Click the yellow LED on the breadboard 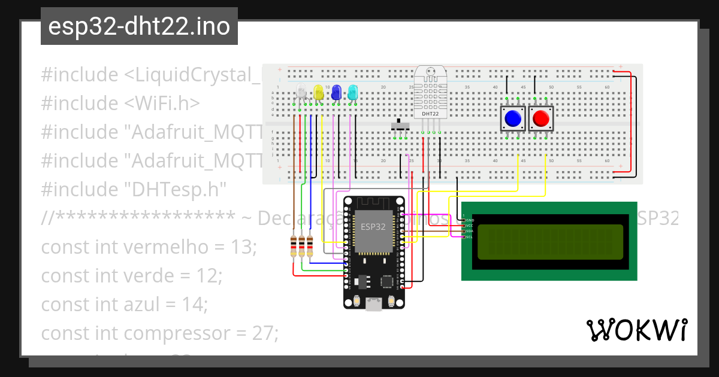point(319,93)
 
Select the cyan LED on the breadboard point(353,93)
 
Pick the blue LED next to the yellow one point(336,93)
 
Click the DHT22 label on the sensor point(429,113)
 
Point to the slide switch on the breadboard point(400,126)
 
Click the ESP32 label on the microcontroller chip point(373,227)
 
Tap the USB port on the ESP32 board point(374,305)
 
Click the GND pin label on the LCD point(470,220)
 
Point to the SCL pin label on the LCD point(470,237)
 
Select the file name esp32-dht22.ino point(139,27)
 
